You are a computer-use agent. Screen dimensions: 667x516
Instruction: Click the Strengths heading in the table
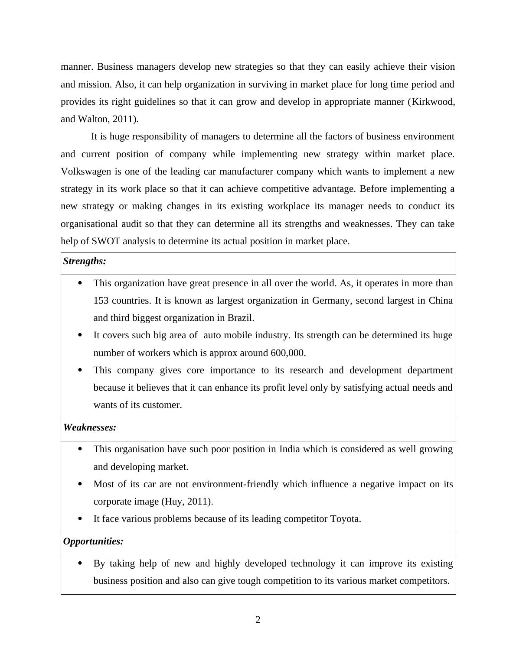[x=85, y=261]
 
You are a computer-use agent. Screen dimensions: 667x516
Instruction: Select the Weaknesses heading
[x=90, y=427]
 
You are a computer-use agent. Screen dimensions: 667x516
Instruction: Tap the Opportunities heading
[x=93, y=541]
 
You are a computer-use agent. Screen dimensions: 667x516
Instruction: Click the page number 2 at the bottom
[x=258, y=620]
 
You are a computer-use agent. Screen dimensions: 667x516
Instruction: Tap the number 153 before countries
[x=101, y=301]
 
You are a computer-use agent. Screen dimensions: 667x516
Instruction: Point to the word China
[x=441, y=301]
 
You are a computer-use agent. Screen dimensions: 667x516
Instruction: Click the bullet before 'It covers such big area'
[x=79, y=335]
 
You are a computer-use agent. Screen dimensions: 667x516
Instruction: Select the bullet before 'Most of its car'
[x=79, y=484]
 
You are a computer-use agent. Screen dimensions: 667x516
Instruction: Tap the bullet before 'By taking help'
[x=79, y=563]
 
